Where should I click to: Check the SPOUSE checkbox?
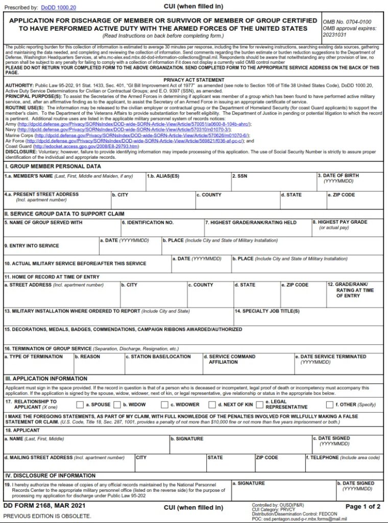point(80,405)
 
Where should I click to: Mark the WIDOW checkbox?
point(117,405)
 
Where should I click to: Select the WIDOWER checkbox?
point(164,405)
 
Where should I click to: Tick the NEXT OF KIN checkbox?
point(212,405)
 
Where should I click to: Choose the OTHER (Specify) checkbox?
point(329,405)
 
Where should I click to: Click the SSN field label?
point(240,176)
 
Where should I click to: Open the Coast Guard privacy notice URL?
point(86,146)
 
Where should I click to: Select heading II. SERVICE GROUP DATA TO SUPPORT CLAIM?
point(65,213)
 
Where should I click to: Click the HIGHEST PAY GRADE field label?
point(347,222)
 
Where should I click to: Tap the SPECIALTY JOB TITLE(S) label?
point(267,311)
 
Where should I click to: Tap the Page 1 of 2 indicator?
point(363,507)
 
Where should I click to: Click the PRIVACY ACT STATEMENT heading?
point(194,80)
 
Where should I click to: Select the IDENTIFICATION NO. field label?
point(148,223)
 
